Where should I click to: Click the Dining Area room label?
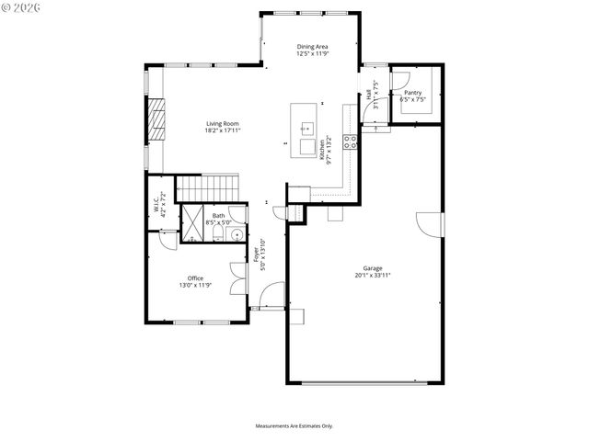click(x=313, y=47)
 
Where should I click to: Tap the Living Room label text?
click(x=223, y=124)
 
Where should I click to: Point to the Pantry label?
click(x=412, y=92)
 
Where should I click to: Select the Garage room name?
click(x=373, y=268)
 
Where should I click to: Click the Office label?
click(x=195, y=278)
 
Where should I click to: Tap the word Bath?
click(x=218, y=216)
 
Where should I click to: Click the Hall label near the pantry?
click(x=369, y=94)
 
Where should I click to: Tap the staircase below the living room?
click(x=207, y=187)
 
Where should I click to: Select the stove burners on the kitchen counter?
click(x=351, y=141)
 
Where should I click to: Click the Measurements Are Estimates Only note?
click(x=294, y=426)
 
